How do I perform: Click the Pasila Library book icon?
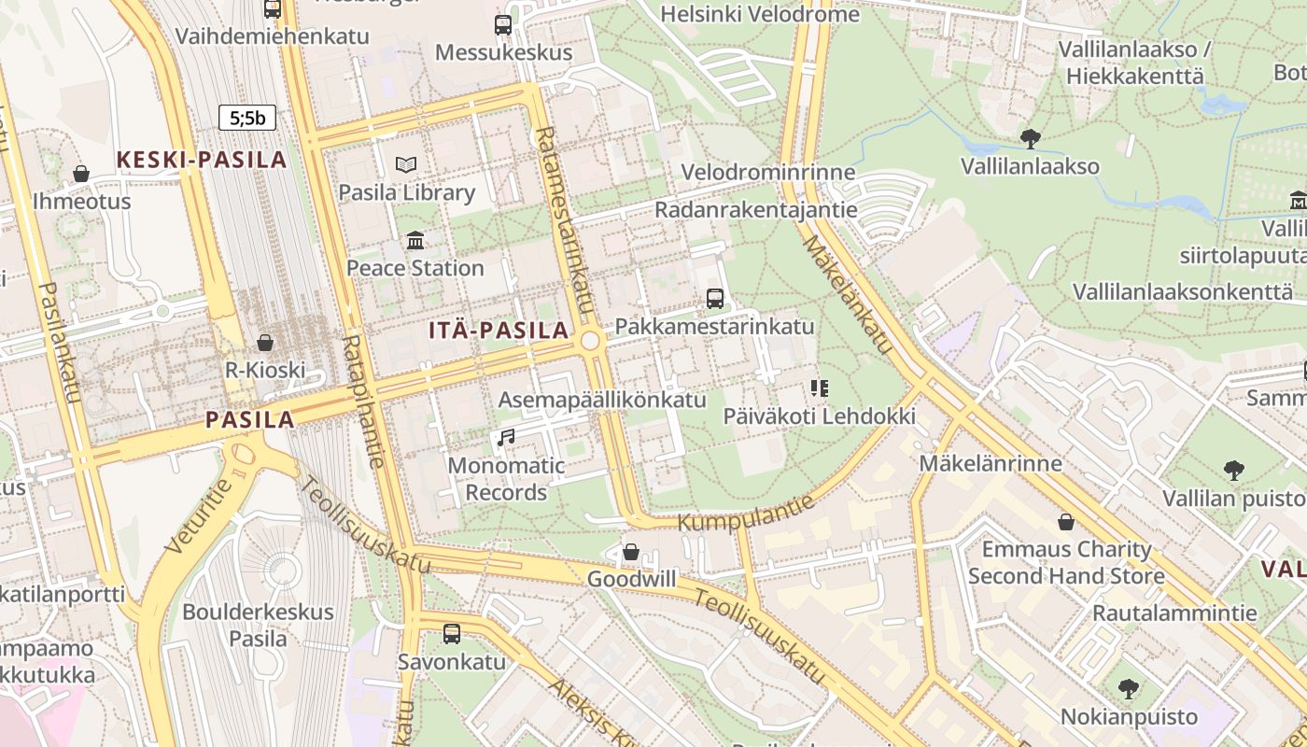tap(406, 165)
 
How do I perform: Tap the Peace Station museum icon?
tap(415, 241)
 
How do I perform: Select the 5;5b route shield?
tap(247, 118)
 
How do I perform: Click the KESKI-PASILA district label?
tap(202, 160)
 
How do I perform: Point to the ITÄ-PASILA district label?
tap(499, 330)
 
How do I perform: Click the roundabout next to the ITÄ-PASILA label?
tap(590, 341)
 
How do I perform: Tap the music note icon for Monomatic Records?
tap(506, 437)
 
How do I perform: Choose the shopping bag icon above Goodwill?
tap(631, 552)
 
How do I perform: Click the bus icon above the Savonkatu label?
tap(452, 634)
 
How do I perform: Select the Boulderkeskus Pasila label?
tap(258, 626)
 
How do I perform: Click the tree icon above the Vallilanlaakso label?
tap(1030, 139)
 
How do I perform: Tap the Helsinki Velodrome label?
tap(759, 14)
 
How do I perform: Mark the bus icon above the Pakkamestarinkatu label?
tap(714, 299)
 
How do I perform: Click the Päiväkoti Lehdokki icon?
tap(819, 388)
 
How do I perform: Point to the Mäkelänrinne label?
tap(990, 463)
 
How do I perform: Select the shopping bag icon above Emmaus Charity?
tap(1066, 522)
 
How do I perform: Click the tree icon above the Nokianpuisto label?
tap(1128, 689)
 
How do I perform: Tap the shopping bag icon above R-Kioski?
tap(265, 343)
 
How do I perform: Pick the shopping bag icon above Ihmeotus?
tap(81, 174)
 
